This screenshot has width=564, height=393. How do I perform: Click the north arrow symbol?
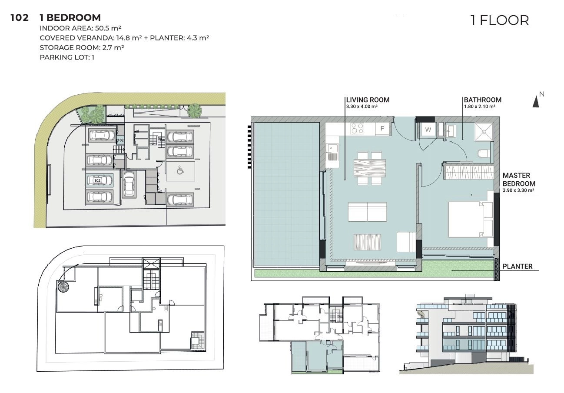pos(536,102)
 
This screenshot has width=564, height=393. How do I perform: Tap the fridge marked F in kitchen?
pos(382,129)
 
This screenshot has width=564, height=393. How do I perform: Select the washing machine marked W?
pos(428,130)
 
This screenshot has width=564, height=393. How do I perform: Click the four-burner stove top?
pos(358,128)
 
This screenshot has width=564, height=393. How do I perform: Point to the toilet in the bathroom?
pos(484,153)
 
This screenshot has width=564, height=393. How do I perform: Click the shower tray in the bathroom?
pos(484,132)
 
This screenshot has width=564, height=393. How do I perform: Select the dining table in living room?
pos(370,168)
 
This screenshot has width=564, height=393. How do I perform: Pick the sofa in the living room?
pos(367,212)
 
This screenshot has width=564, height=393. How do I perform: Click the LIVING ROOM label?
pos(368,100)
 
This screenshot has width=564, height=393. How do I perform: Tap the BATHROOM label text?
pos(483,100)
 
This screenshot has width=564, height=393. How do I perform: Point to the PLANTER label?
pos(518,266)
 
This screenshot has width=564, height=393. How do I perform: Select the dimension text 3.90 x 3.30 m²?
pos(518,190)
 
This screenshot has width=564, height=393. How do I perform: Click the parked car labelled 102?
pos(100,180)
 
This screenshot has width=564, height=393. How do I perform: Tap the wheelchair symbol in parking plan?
pos(180,170)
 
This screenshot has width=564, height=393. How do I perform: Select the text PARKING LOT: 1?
pos(67,57)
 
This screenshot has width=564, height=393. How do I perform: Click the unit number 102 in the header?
pos(20,18)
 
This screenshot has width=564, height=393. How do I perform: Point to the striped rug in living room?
pos(367,242)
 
